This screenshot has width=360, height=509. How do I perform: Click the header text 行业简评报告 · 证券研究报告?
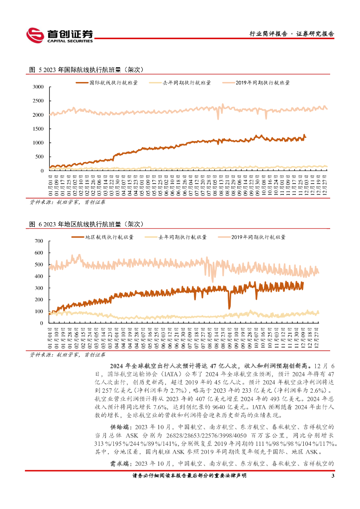click(291, 34)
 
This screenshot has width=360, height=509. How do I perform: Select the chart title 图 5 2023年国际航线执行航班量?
click(87, 70)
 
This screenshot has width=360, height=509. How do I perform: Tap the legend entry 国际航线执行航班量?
click(113, 83)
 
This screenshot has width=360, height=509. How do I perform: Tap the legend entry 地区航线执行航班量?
click(109, 237)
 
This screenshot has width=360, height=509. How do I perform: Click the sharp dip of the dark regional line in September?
click(229, 308)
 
